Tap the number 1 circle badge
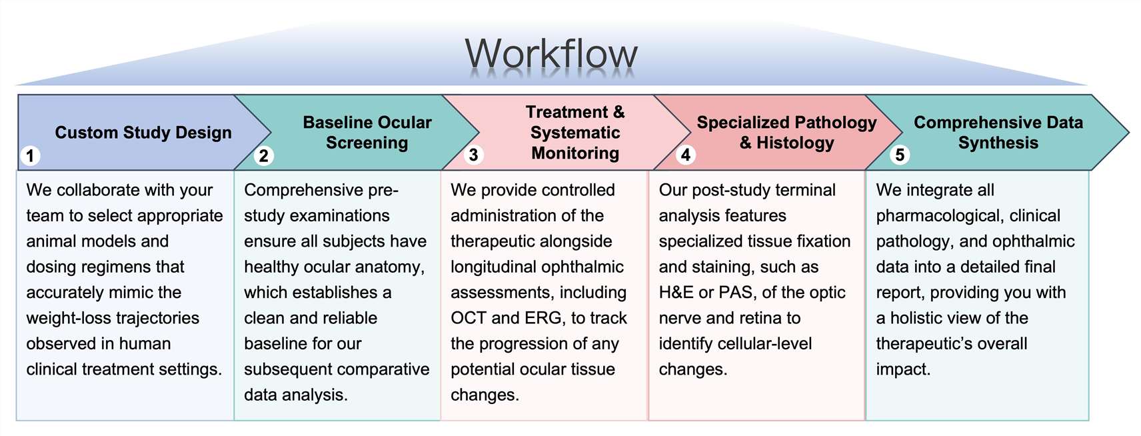(x=30, y=156)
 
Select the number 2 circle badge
(x=264, y=156)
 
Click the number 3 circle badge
(x=473, y=155)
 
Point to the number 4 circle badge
(x=685, y=155)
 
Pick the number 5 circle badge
(x=900, y=155)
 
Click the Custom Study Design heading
(x=143, y=133)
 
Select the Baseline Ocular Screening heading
(x=367, y=133)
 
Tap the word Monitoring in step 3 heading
(x=575, y=153)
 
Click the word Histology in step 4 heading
(x=795, y=143)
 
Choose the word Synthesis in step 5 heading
(x=998, y=143)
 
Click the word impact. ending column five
(x=902, y=369)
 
